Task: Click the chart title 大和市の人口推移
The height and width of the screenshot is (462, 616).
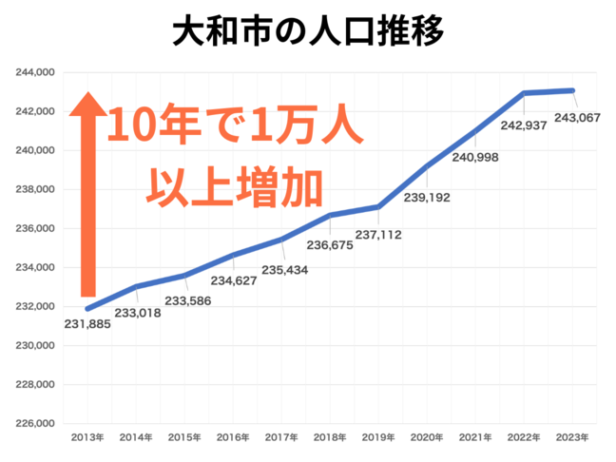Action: [308, 31]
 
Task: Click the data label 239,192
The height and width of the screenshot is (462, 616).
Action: [427, 198]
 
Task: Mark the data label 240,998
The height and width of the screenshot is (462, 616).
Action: [474, 158]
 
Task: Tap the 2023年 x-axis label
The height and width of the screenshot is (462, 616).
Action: [573, 438]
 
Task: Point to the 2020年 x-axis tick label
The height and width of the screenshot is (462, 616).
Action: [428, 438]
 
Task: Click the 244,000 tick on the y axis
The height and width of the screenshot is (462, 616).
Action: [36, 72]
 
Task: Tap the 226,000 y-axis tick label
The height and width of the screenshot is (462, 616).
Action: [36, 424]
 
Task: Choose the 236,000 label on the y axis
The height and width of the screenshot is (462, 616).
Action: [36, 229]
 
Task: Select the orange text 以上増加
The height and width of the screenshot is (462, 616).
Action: [234, 183]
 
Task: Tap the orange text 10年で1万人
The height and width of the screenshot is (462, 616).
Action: [234, 126]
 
